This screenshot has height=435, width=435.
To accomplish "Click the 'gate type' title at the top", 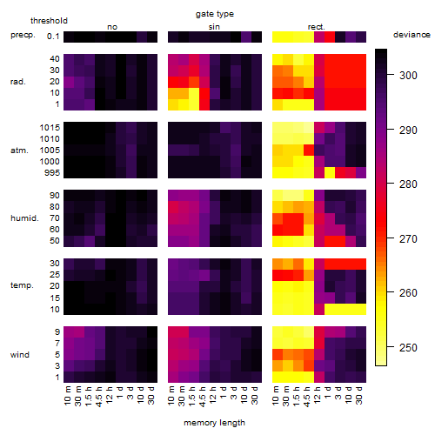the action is point(215,14).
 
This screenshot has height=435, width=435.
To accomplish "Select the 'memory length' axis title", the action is point(214,423).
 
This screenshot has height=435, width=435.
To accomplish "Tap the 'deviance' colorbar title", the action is point(412,35).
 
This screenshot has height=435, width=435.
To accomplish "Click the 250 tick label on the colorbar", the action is point(408,347).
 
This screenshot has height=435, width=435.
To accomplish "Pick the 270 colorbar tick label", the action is point(408,239).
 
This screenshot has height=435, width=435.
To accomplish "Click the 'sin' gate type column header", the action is point(214,27).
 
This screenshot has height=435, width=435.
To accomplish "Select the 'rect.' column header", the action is point(316,27).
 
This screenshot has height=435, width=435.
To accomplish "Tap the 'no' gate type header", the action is point(112,27).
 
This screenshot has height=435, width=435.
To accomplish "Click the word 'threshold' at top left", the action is point(49,21).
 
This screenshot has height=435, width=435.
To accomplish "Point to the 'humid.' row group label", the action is point(24,218).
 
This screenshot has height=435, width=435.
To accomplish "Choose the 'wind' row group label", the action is point(20,355).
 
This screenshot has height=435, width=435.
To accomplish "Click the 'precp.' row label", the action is point(23,35).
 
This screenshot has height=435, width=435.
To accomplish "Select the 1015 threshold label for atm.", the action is point(50,128).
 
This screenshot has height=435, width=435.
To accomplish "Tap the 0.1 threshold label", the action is point(53,37).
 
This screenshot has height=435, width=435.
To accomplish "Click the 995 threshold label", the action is point(52,173).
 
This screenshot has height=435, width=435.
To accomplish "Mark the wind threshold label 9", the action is point(57,332).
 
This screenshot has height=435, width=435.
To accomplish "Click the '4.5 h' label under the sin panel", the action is point(203,397).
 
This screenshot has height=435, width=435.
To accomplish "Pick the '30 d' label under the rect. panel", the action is point(359,395).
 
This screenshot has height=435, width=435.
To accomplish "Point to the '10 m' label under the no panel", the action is point(67,395).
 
